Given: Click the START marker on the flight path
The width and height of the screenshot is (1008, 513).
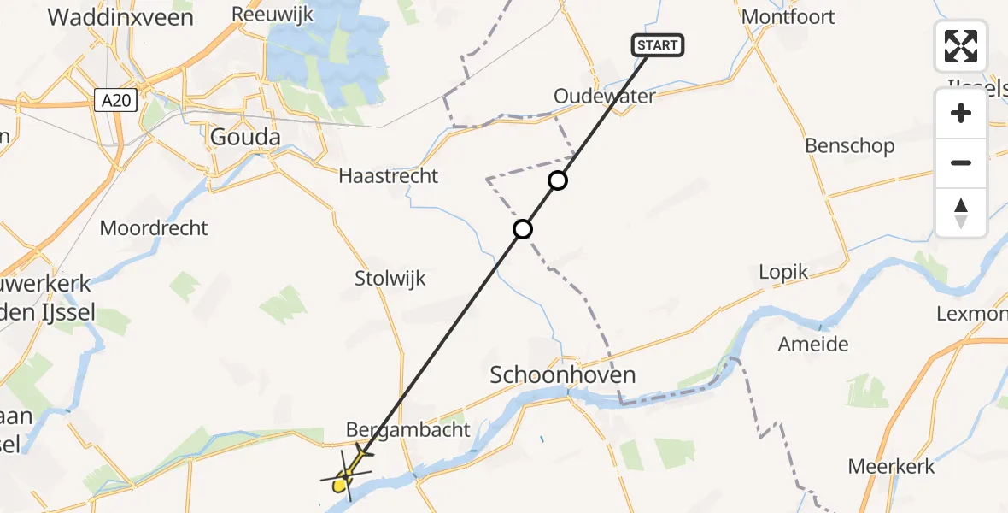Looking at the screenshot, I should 658,45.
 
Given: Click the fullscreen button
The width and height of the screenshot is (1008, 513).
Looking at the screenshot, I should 961,46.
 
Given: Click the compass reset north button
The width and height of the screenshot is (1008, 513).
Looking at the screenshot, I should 961,213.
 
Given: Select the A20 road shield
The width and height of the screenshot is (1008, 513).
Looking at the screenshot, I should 113,101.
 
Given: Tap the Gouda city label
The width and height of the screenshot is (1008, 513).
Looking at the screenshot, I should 244,137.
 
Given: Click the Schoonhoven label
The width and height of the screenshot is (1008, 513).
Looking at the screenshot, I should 563,374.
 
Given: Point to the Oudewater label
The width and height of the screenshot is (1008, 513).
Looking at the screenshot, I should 604,96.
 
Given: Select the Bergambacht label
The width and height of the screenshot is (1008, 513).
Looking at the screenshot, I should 407,429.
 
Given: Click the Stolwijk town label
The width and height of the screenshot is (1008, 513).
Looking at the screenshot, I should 390,279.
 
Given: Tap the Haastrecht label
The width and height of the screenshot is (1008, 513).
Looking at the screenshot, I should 388,176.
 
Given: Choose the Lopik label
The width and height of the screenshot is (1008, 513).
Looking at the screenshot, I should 783,272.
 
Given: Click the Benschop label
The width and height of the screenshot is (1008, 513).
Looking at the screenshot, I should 849,146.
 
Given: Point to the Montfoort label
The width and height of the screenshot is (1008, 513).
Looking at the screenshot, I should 788,17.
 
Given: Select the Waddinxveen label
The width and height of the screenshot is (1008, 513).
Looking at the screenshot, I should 120,17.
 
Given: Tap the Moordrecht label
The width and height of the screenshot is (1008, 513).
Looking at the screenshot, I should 154,228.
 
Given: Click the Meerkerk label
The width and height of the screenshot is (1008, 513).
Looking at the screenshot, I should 891,467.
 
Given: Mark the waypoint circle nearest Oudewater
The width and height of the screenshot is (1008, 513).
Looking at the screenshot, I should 557,180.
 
